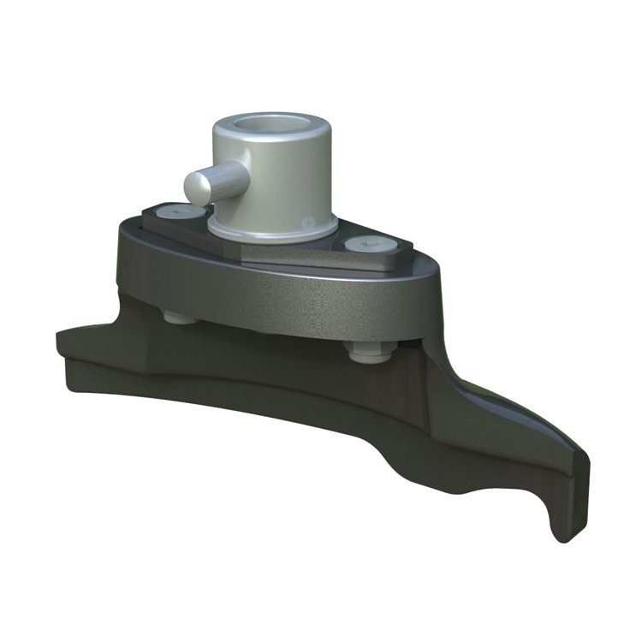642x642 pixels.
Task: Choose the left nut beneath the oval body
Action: [179, 317]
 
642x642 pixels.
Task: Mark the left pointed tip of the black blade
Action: [62, 336]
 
